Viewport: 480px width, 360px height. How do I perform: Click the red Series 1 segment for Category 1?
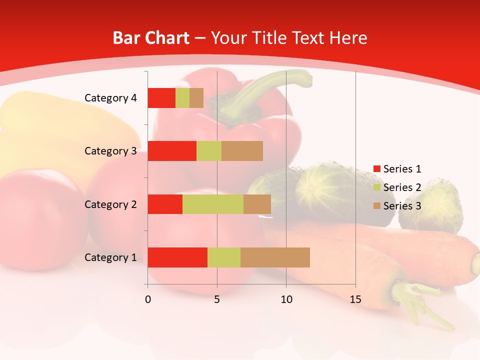click(x=177, y=257)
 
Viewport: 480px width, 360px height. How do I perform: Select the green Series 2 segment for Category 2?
click(x=213, y=204)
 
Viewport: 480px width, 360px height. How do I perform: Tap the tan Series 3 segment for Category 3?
click(x=242, y=151)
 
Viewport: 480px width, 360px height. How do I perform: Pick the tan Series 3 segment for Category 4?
click(x=196, y=98)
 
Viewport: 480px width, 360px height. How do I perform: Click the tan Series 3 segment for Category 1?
click(x=275, y=257)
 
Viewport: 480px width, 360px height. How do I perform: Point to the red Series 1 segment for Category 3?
click(x=172, y=151)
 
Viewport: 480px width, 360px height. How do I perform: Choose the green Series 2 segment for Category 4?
click(x=182, y=98)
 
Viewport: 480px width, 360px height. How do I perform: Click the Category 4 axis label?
click(x=110, y=98)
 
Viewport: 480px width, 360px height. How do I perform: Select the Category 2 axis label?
click(x=110, y=204)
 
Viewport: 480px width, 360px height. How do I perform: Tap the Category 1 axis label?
click(x=110, y=257)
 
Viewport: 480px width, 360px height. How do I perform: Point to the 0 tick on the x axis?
click(x=147, y=299)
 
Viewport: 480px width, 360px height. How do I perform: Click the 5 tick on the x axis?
click(x=217, y=299)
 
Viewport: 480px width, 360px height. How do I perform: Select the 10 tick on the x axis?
click(x=286, y=299)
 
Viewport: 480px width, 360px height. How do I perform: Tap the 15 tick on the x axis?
click(x=355, y=299)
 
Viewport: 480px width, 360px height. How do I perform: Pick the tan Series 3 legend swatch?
click(x=377, y=206)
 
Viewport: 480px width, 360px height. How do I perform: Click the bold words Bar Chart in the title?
click(x=151, y=38)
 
